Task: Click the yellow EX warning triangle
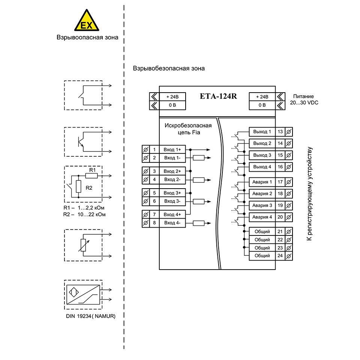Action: [87, 22]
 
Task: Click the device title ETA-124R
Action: [218, 96]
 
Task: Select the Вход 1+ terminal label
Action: [172, 149]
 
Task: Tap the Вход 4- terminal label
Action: [172, 223]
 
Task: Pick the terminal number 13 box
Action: [280, 132]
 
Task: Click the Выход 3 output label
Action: [262, 155]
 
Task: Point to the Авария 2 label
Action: [262, 193]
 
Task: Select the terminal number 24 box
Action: [280, 256]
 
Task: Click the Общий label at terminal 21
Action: [262, 231]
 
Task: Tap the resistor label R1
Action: [92, 170]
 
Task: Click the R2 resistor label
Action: [89, 187]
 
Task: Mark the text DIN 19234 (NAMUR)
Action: [90, 316]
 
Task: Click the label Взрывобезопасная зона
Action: [169, 69]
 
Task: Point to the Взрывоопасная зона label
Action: [87, 37]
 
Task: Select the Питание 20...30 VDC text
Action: [303, 99]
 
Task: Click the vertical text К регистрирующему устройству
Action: [309, 193]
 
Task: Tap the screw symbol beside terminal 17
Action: [289, 182]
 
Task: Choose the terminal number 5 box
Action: [154, 193]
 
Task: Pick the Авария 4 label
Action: [262, 217]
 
